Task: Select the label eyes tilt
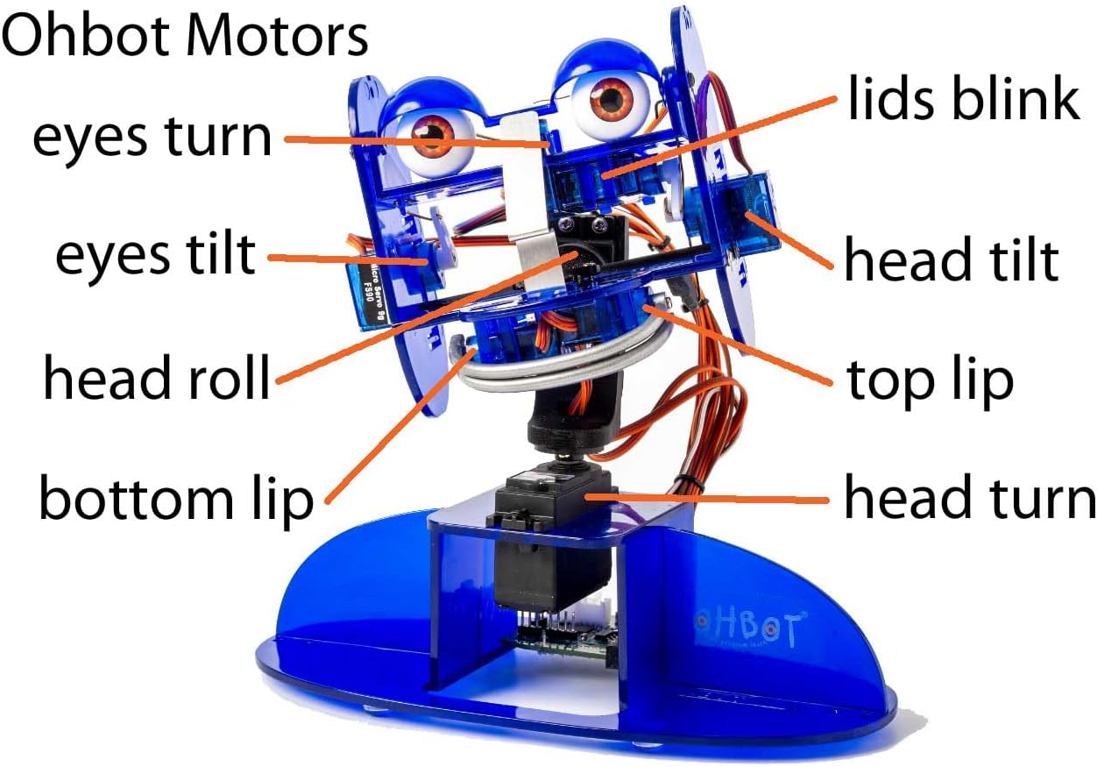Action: tap(155, 255)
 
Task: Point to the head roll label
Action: tap(156, 379)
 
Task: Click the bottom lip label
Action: tap(175, 499)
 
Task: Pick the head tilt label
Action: tap(952, 260)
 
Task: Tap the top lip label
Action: tap(930, 380)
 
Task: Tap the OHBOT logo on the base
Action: tap(747, 625)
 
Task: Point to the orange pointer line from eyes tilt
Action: tap(342, 259)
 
